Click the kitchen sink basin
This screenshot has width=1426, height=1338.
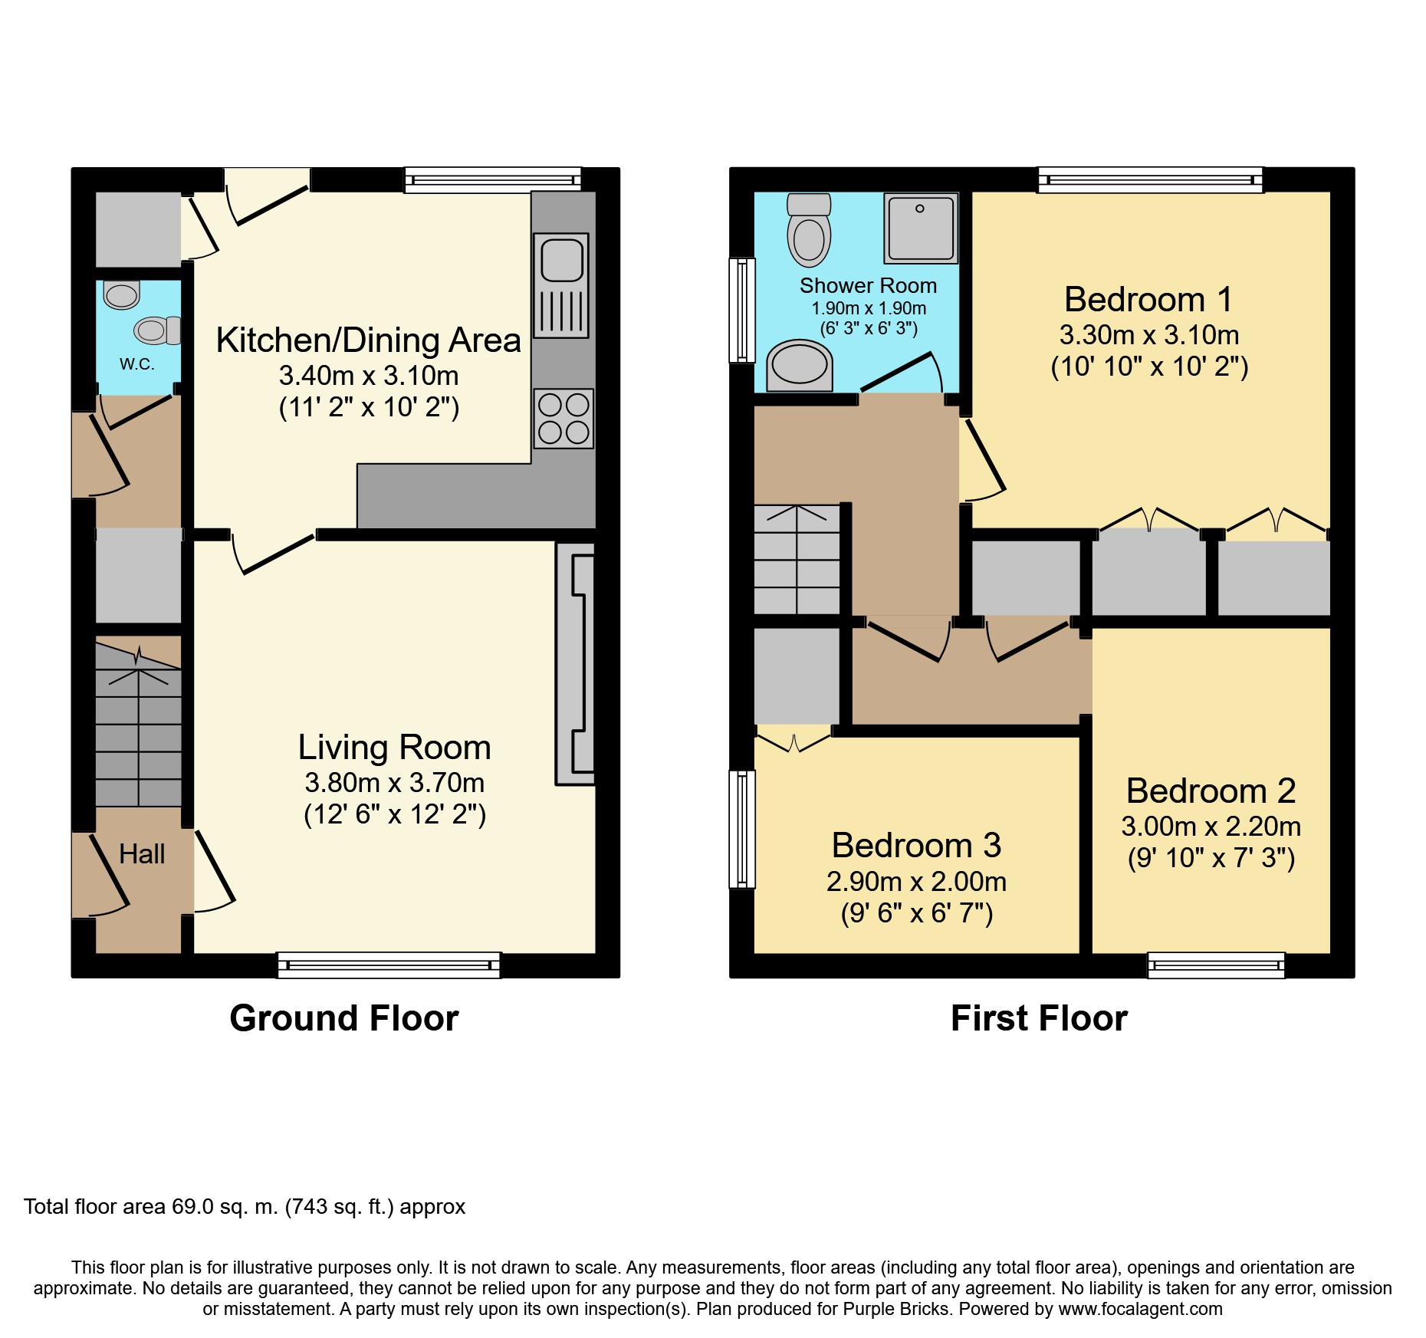point(562,260)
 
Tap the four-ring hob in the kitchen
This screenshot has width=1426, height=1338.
point(563,418)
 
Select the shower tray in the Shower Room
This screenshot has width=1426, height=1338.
point(921,228)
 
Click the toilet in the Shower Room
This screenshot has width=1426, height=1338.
point(809,229)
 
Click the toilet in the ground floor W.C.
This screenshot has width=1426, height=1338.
point(158,330)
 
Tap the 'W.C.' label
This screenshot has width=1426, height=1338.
point(137,364)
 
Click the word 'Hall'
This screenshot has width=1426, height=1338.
point(142,853)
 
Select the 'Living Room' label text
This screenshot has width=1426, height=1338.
point(394,748)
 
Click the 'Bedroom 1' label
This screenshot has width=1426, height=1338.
point(1148,299)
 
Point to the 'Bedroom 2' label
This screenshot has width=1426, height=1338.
point(1211,791)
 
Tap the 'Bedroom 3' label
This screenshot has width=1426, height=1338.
point(916,846)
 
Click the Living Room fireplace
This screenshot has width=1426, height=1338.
point(575,664)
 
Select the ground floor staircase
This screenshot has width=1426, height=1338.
point(139,725)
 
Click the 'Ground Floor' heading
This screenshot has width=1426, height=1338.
point(344,1018)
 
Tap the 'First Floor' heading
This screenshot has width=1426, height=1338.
point(1039,1018)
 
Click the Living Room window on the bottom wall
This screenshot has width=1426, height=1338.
point(389,965)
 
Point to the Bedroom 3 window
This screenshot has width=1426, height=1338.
point(742,829)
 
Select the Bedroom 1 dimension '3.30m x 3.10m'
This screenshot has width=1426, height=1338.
point(1149,335)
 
